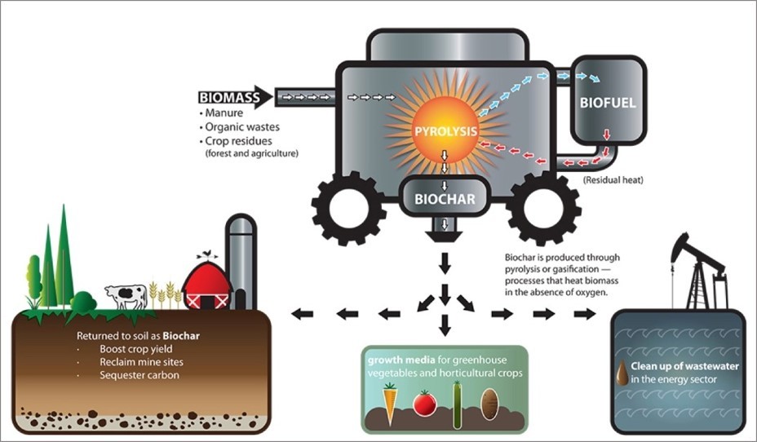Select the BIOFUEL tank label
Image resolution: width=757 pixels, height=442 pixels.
click(x=607, y=104)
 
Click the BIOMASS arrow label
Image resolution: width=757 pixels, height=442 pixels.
click(x=229, y=99)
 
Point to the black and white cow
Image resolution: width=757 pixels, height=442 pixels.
click(x=126, y=295)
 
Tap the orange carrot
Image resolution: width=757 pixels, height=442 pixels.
click(x=390, y=404)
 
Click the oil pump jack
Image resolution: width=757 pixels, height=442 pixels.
click(x=698, y=269)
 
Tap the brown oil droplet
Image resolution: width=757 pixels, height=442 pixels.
click(x=622, y=373)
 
